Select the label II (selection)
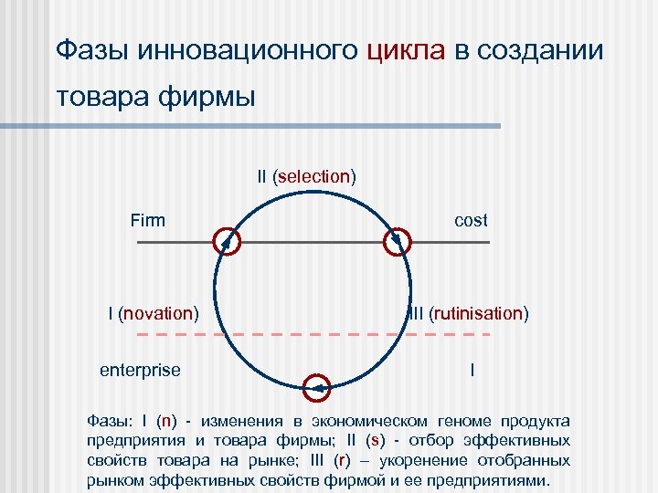[x=306, y=175]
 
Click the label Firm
[x=147, y=220]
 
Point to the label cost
[x=471, y=220]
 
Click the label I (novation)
[x=153, y=313]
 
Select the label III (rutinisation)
[x=468, y=313]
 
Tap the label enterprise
[x=140, y=370]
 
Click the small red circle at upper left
[x=227, y=242]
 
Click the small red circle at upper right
[x=398, y=242]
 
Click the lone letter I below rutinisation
[x=472, y=370]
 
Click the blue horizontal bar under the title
[x=274, y=126]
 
